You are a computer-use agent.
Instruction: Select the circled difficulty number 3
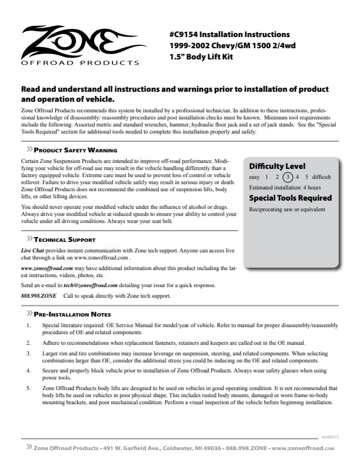287,177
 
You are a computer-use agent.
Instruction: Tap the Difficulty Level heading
277,166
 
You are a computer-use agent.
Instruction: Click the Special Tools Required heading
290,198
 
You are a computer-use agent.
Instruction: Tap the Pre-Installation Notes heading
72,314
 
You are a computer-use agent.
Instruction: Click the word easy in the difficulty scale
254,177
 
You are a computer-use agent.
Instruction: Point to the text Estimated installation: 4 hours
279,187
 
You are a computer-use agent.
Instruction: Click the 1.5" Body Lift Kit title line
205,58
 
